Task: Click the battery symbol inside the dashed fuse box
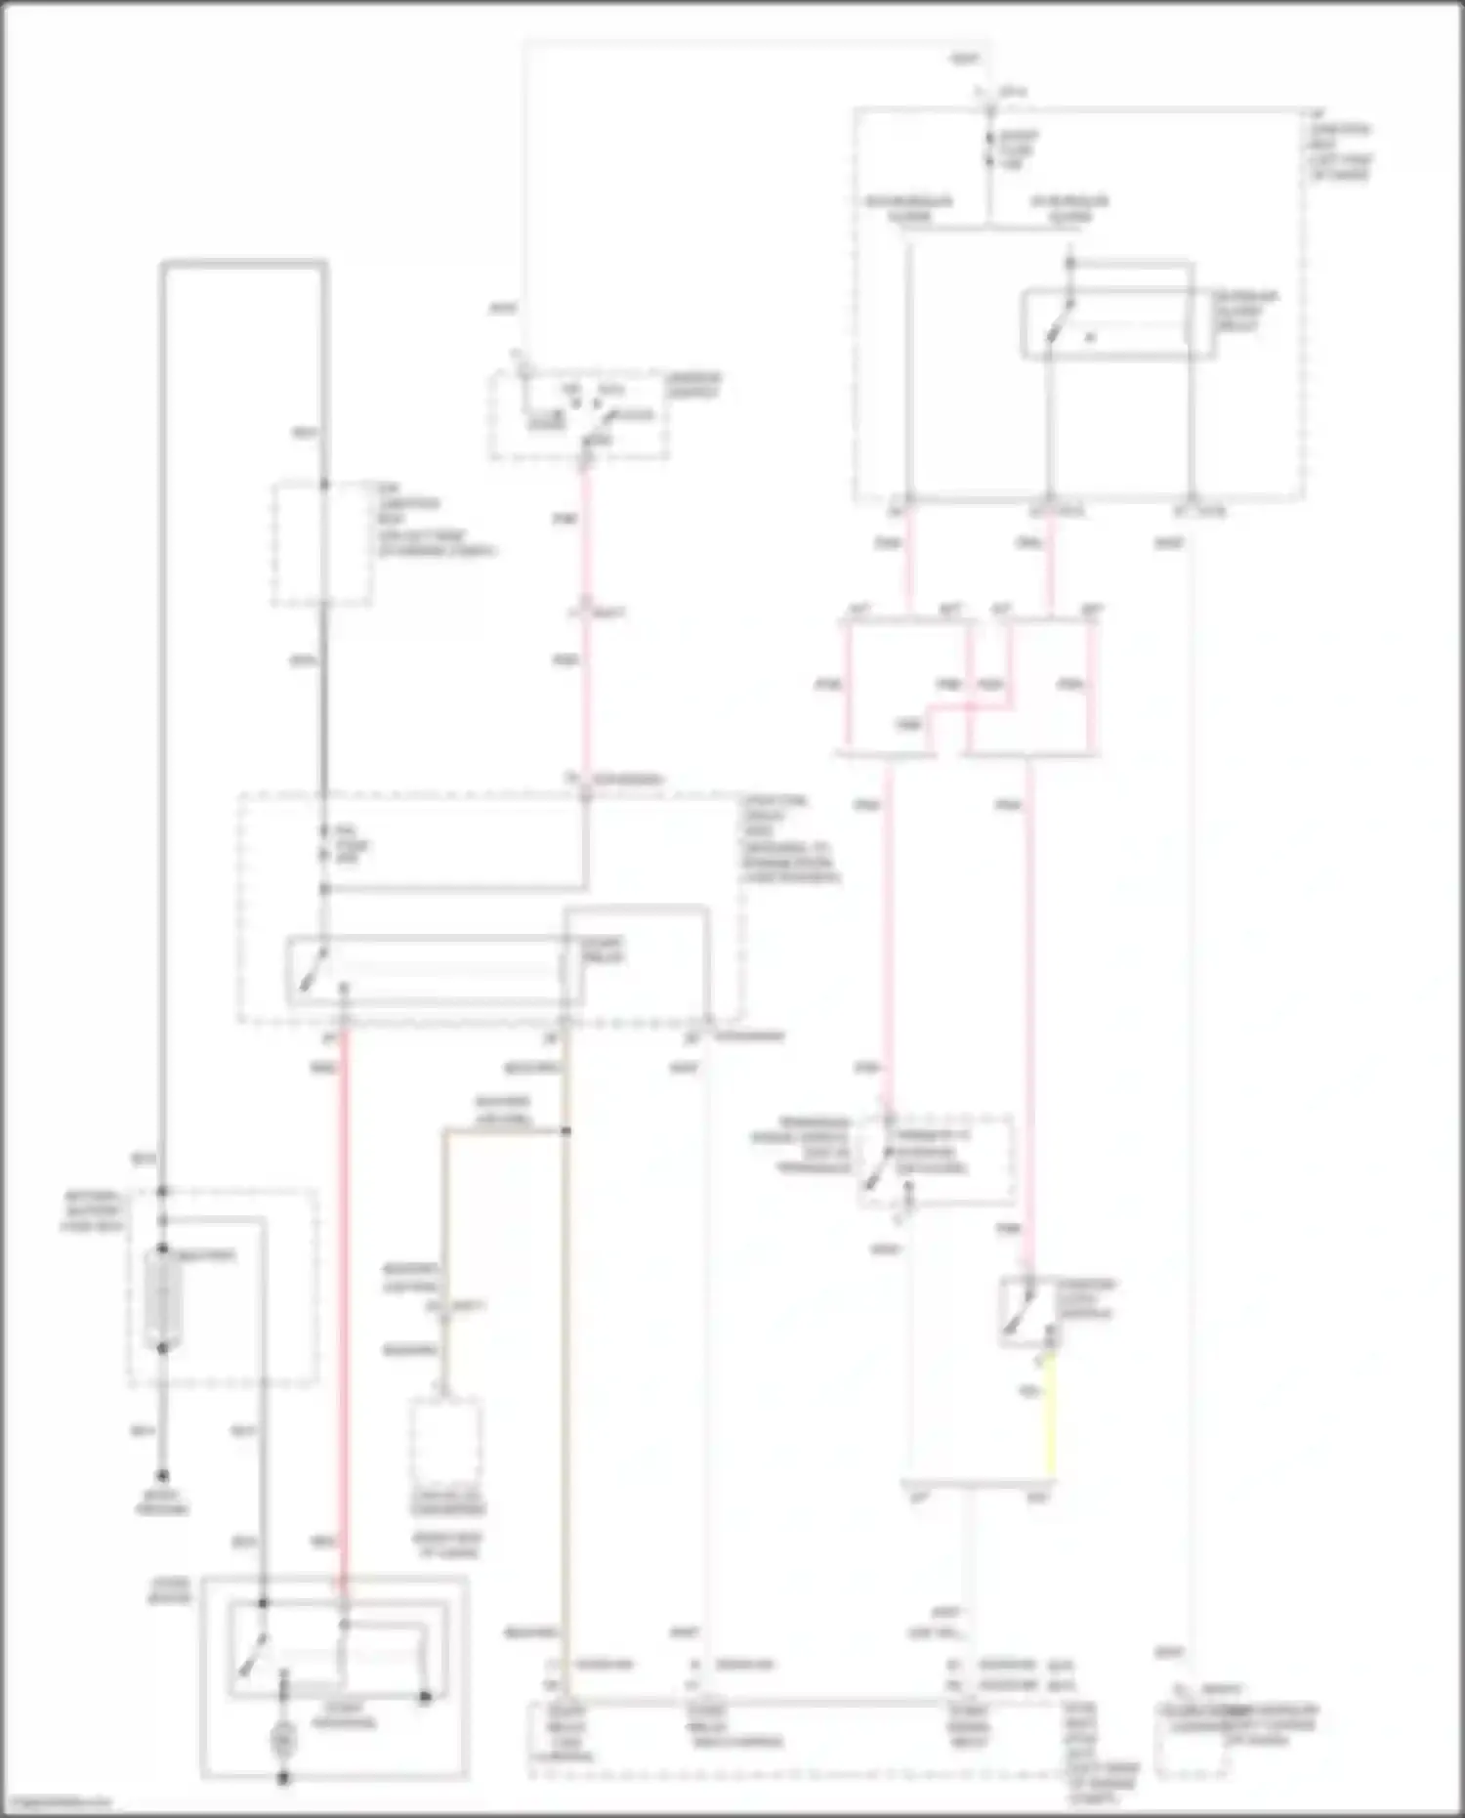[162, 1299]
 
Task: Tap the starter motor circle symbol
[283, 1738]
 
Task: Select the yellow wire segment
[1051, 1416]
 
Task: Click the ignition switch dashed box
[579, 414]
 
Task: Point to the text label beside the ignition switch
[694, 386]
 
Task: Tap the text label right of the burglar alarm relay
[1245, 310]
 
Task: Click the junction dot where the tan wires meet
[565, 1131]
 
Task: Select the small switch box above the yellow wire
[1029, 1311]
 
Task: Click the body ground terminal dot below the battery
[162, 1476]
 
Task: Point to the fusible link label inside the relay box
[348, 846]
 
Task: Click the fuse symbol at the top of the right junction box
[990, 151]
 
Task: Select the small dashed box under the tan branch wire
[444, 1441]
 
